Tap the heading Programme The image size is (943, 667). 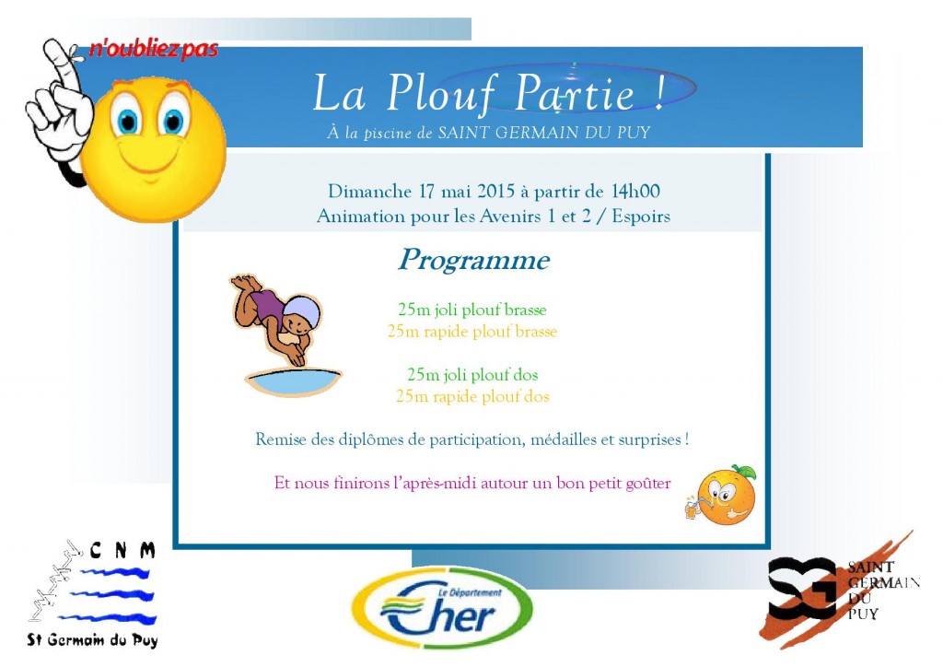click(473, 261)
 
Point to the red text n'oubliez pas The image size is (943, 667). click(154, 49)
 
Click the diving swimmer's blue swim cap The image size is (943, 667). click(302, 313)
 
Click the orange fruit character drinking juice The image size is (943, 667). click(725, 495)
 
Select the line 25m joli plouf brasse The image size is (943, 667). click(471, 310)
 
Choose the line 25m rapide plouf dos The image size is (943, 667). click(471, 396)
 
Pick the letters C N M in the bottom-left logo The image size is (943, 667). click(123, 551)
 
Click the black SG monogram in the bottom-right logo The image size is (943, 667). click(801, 588)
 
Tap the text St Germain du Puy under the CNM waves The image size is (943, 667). click(92, 640)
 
